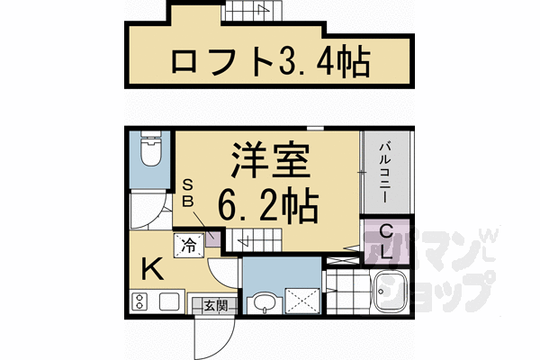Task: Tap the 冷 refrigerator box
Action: (190, 244)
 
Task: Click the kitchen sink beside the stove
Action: (170, 302)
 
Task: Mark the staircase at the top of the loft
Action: (248, 12)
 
